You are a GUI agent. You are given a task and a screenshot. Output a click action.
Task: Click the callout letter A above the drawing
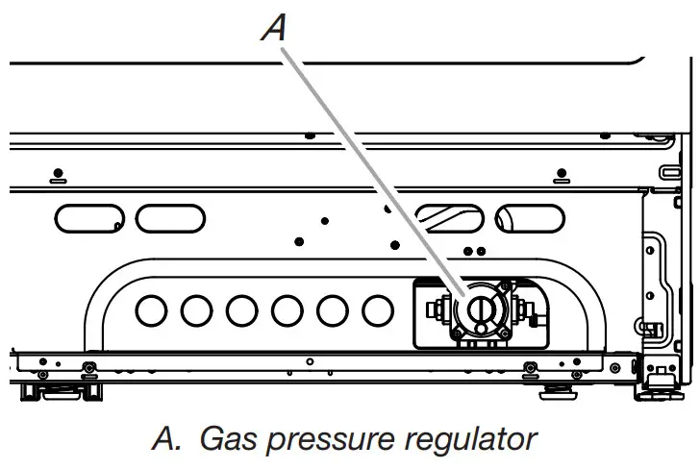[275, 29]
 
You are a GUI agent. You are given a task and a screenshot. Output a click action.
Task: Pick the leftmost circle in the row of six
[151, 310]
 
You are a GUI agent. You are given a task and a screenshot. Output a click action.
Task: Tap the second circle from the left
[196, 310]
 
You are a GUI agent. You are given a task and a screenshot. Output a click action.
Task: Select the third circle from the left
[242, 310]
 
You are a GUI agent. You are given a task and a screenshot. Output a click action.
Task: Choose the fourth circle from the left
[287, 310]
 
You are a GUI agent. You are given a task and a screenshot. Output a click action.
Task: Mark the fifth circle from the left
[333, 310]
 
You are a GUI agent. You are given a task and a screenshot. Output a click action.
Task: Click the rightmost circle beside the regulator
[378, 310]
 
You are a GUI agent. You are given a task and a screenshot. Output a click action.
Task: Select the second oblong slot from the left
[170, 218]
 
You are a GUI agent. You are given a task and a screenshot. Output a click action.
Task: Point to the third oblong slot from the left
[443, 218]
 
